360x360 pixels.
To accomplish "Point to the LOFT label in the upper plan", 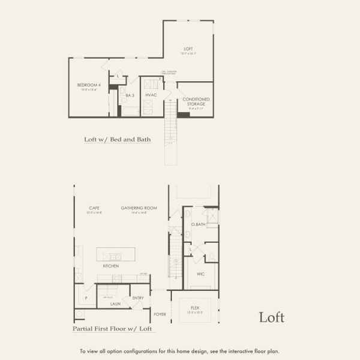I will tap(188, 49).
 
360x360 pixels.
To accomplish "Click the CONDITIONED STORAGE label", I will tap(196, 102).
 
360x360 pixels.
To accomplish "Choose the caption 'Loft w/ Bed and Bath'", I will tap(118, 140).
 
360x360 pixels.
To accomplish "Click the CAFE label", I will tap(94, 208).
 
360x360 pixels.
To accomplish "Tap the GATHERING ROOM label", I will tap(139, 208).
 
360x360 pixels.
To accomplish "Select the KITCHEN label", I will tap(111, 265).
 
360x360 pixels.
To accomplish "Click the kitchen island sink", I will tap(115, 257).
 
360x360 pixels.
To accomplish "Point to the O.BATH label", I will tap(199, 224).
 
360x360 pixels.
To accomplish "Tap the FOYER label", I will tap(160, 313).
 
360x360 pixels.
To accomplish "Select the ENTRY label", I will tap(137, 298).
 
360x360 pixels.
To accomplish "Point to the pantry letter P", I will tap(86, 298).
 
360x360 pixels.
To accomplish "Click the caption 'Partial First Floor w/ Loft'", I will tap(112, 329).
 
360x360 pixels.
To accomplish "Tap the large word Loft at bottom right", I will tap(271, 317).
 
